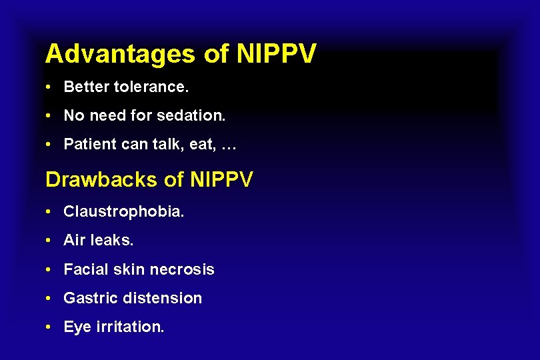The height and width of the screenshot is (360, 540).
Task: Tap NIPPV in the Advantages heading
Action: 275,54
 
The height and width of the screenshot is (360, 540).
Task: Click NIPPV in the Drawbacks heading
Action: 221,180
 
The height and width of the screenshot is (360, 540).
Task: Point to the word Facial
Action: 84,269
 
